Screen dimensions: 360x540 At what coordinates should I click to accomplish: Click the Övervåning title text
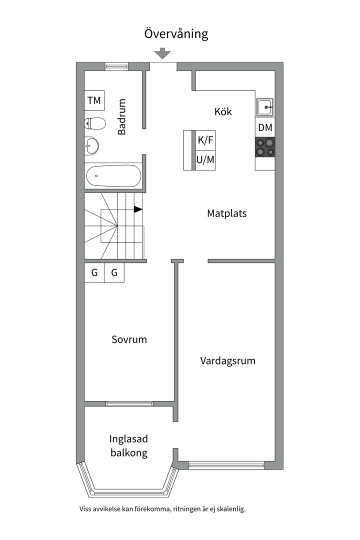[176, 34]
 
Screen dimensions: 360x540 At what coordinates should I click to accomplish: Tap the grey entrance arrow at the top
[162, 53]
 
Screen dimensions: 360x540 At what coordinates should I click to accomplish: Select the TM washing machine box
[94, 100]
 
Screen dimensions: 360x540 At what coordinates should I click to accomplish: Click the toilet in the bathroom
[95, 123]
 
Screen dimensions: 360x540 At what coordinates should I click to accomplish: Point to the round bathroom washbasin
[91, 145]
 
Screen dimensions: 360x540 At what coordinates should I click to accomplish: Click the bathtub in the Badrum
[113, 176]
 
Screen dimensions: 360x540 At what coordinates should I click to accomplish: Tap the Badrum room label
[122, 116]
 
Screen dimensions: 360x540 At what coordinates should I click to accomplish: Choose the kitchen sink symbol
[265, 107]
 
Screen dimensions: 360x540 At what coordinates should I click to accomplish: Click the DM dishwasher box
[265, 127]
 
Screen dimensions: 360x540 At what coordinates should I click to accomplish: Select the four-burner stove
[265, 147]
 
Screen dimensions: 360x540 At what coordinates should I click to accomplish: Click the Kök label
[223, 111]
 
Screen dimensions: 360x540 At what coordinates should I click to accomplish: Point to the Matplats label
[226, 213]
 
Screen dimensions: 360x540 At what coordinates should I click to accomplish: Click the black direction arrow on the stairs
[138, 209]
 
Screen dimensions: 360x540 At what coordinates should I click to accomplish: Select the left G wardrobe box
[94, 273]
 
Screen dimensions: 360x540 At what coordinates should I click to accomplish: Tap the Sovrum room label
[129, 339]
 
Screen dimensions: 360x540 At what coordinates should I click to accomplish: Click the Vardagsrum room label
[227, 361]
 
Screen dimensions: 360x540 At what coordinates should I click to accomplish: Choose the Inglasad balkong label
[129, 445]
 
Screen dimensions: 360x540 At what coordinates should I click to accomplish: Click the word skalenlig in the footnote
[232, 509]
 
